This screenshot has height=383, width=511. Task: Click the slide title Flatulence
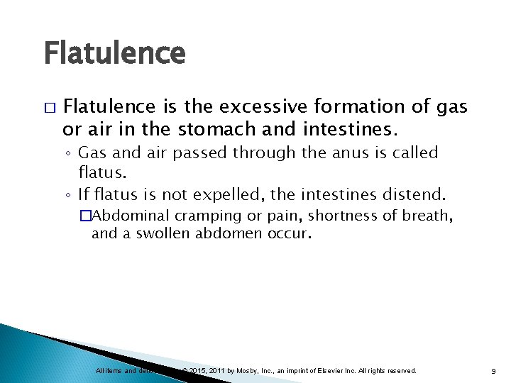click(x=114, y=53)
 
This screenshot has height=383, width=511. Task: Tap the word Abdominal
click(x=133, y=216)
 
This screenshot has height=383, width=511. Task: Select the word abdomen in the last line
click(x=231, y=233)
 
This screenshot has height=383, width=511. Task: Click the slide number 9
click(x=492, y=371)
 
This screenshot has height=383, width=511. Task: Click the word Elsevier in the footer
click(x=331, y=371)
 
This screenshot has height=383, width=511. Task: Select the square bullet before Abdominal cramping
click(x=86, y=216)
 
